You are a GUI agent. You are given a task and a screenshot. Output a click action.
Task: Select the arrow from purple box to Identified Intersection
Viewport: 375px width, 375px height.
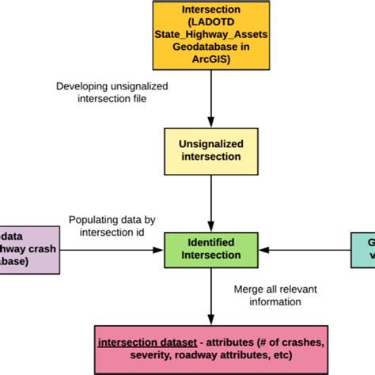(111, 250)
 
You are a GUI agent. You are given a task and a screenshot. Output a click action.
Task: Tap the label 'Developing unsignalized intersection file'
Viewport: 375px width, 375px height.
(100, 93)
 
